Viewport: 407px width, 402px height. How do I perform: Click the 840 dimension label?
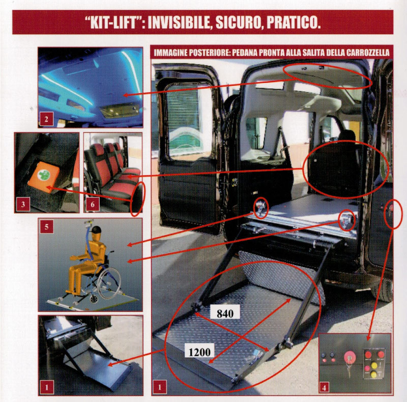coord(225,313)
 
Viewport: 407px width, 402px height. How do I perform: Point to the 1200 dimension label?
coord(199,352)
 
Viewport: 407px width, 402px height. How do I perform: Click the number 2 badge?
coord(46,119)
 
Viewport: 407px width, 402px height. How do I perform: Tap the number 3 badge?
coord(23,204)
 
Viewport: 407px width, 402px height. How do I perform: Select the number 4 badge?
coord(324,388)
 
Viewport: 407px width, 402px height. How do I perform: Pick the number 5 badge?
coord(46,226)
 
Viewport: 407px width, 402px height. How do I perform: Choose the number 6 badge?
coord(93,205)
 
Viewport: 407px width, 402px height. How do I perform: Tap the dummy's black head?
coord(96,231)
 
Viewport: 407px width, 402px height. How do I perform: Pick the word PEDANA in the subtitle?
coord(243,53)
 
